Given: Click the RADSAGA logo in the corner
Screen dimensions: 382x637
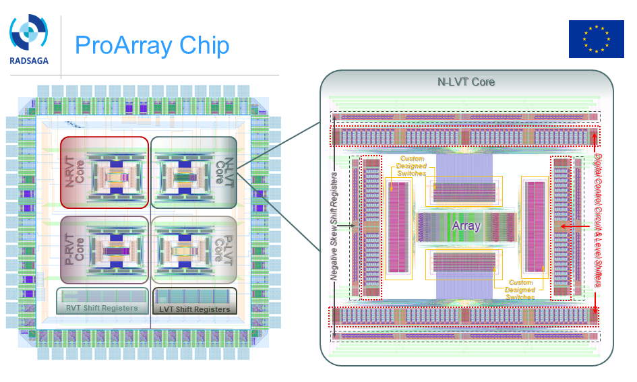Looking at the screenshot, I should coord(28,38).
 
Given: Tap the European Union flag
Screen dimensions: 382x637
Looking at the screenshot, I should coord(596,38).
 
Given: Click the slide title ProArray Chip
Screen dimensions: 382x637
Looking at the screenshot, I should coord(152,45).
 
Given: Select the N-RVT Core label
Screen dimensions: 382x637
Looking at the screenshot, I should coord(73,172).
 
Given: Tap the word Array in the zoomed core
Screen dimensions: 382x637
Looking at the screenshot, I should coord(466,226).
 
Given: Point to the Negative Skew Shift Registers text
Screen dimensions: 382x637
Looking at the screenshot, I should coord(334,226).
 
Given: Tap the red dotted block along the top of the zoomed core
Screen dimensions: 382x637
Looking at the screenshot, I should coord(464,136).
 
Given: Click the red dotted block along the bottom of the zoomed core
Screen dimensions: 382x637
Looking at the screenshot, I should coord(464,315).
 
